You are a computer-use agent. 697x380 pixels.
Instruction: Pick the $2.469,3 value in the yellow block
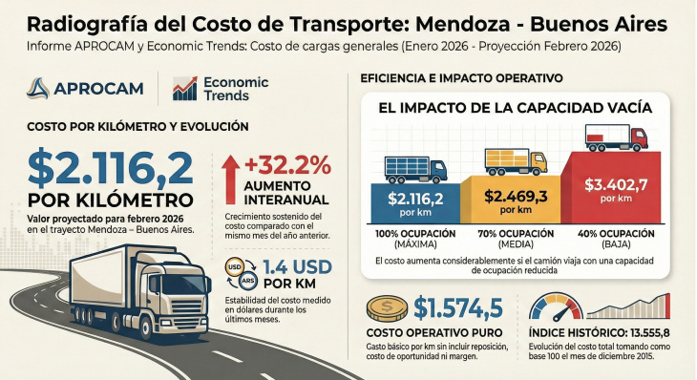pos(517,195)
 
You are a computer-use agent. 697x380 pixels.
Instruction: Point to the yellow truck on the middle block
pos(516,162)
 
